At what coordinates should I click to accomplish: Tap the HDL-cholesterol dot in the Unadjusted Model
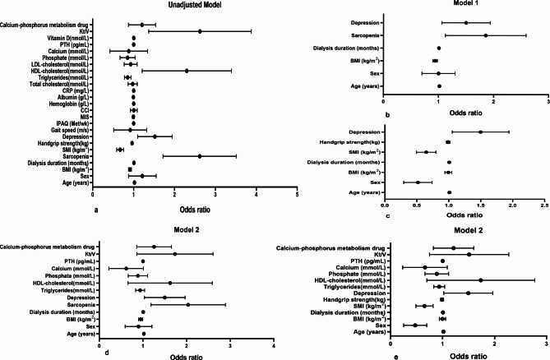[x=187, y=71]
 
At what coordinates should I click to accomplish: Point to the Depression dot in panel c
[x=481, y=132]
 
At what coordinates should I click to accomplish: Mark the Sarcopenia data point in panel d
[x=188, y=305]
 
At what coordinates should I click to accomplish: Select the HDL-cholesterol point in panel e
[x=481, y=280]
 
